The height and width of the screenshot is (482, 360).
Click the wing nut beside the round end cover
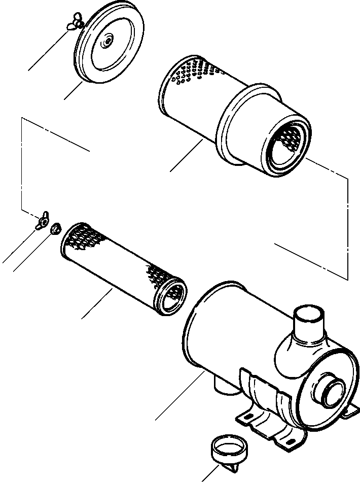coord(75,23)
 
